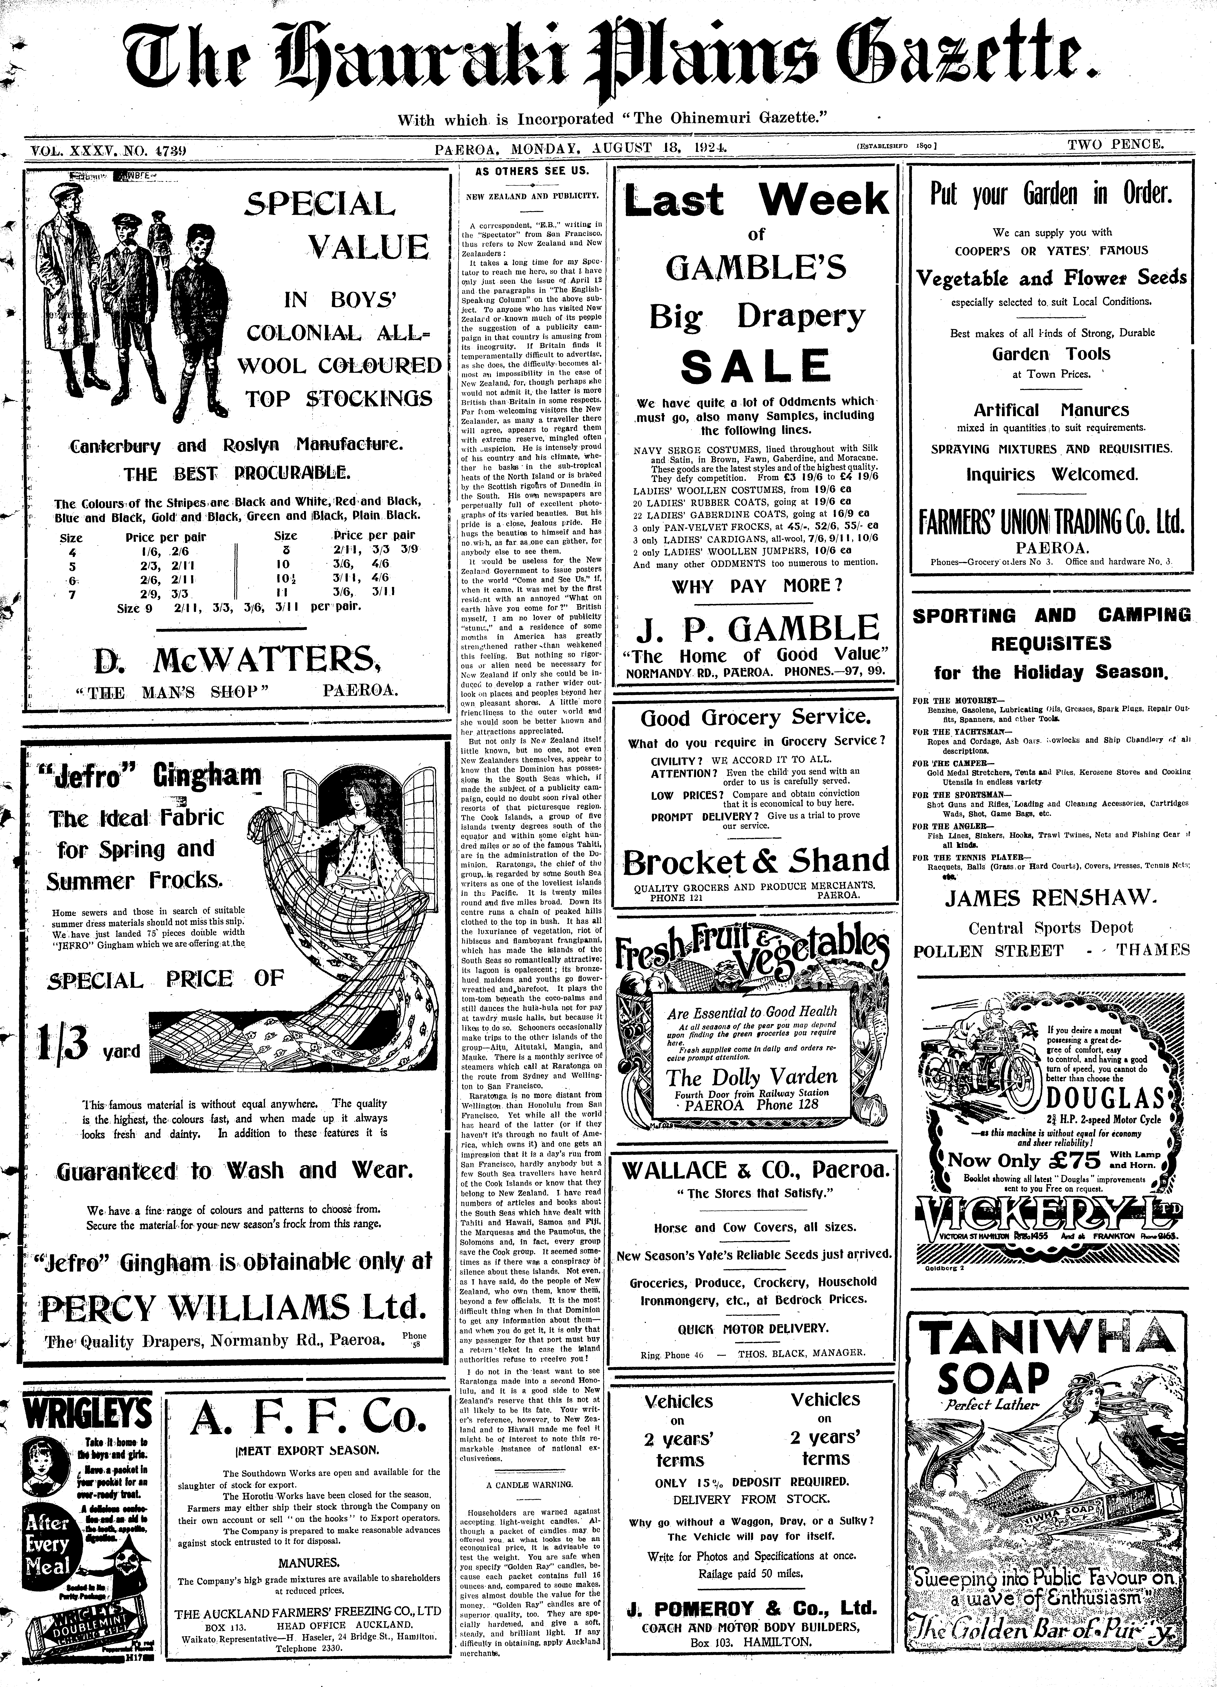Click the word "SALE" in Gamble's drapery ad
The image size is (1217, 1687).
[x=757, y=366]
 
